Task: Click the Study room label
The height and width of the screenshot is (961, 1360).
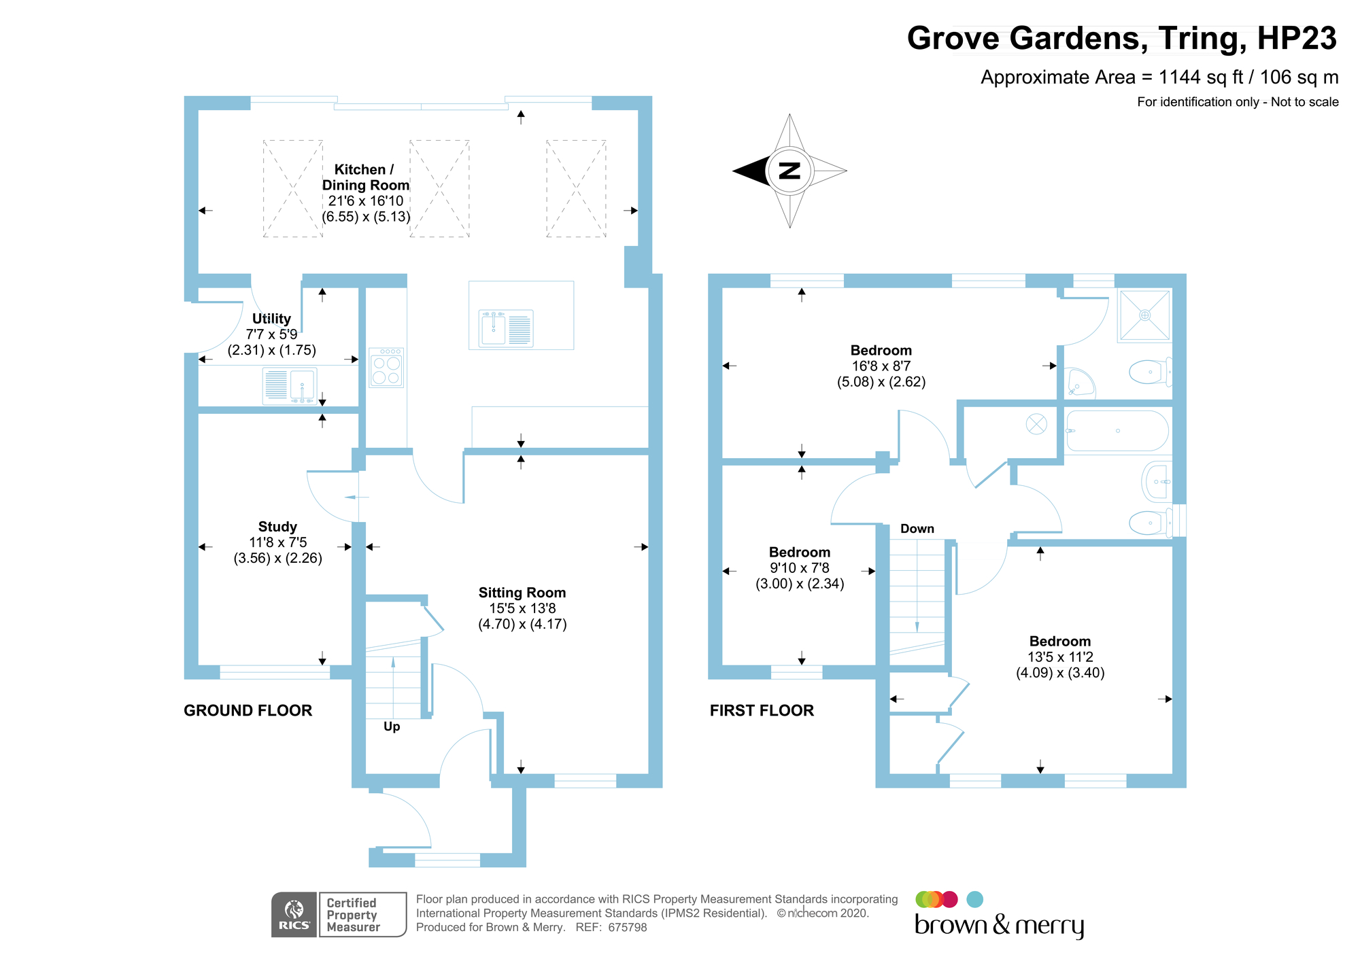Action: tap(277, 527)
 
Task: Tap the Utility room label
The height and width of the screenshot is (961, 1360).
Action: tap(271, 319)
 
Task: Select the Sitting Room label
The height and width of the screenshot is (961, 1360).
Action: tap(522, 593)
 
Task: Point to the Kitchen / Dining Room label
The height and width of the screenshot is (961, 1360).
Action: tap(365, 177)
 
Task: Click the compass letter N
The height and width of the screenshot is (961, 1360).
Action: tap(789, 171)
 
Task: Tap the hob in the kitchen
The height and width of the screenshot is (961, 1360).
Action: tap(386, 368)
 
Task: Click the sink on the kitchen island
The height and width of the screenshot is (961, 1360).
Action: tap(506, 328)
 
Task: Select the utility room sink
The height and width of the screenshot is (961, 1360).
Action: tap(290, 385)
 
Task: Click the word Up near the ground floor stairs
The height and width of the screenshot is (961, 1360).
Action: tap(392, 727)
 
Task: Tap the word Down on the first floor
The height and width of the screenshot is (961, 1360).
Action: tap(917, 529)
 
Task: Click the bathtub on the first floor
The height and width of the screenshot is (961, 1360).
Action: tap(1117, 431)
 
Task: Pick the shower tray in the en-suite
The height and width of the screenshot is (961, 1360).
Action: tap(1145, 315)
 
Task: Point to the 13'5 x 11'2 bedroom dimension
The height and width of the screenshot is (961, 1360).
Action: tap(1060, 657)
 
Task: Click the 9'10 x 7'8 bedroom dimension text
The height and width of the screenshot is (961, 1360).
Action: tap(800, 568)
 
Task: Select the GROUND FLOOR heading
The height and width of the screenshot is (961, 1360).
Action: tap(248, 711)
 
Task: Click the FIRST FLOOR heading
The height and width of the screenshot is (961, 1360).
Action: tap(762, 711)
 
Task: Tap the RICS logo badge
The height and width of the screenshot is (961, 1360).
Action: tap(294, 915)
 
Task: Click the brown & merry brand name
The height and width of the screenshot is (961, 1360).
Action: tap(999, 926)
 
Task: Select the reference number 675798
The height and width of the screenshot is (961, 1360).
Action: tap(628, 928)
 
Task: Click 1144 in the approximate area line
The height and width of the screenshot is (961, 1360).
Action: tap(1180, 77)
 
